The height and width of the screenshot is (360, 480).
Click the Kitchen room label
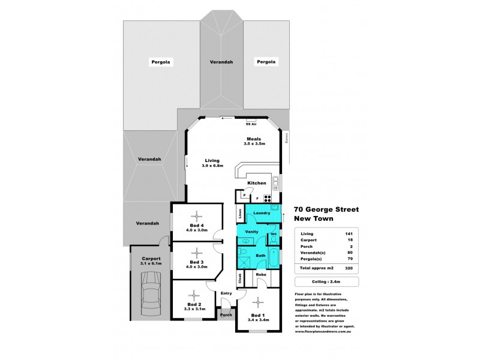tap(257, 182)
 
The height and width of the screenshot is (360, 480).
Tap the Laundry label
tap(262, 212)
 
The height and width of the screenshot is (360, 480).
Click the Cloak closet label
tap(239, 278)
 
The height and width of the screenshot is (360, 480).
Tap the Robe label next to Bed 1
tap(262, 275)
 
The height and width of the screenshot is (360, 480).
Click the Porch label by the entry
tap(226, 314)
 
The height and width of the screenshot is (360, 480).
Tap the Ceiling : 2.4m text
tap(326, 281)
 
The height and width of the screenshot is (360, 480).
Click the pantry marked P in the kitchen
tap(244, 195)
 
